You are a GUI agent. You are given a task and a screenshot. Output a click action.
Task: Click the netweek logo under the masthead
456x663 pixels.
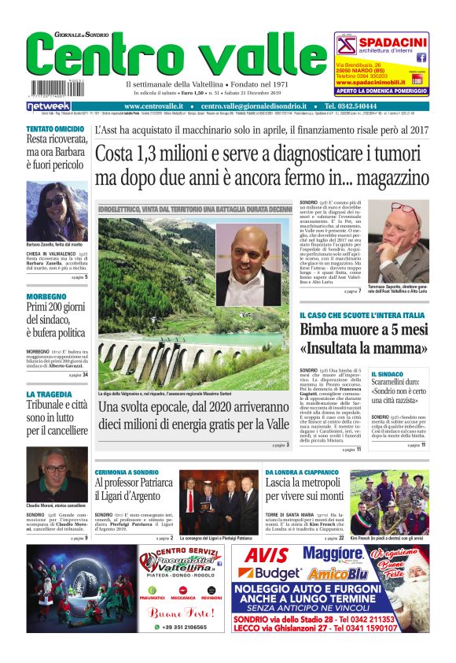pos(49,106)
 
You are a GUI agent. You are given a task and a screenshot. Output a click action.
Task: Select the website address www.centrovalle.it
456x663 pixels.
pos(153,106)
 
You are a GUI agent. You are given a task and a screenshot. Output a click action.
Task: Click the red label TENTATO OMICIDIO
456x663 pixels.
pos(55,128)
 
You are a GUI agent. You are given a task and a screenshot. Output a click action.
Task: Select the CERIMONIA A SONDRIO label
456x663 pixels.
pos(129,472)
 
